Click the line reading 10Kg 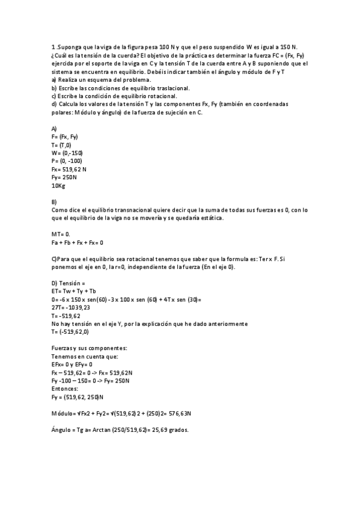pos(59,186)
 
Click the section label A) pos(54,129)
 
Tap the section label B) pos(54,201)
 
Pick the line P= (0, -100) pos(67,161)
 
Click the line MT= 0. pos(61,234)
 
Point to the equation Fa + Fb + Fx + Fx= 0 pos(78,242)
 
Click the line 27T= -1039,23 pos(75,307)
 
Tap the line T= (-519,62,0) pos(70,331)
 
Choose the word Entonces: pos(66,389)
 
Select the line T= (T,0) pos(62,145)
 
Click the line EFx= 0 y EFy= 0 pos(73,364)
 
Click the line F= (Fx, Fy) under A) pos(65,137)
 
